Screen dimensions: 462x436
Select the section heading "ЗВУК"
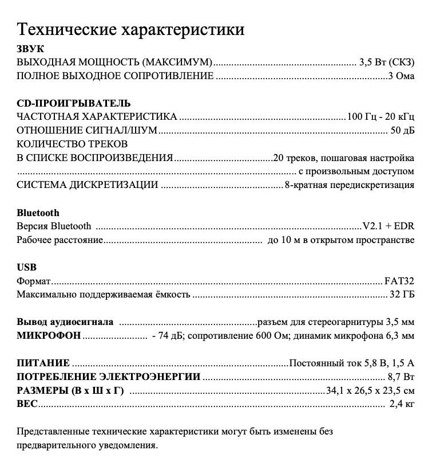[x=30, y=49]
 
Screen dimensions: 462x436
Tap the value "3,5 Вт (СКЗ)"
[x=387, y=62]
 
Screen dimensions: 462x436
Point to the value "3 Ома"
[x=401, y=76]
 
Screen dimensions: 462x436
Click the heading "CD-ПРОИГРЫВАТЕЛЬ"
[x=74, y=104]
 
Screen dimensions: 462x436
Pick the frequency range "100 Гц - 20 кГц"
[x=380, y=117]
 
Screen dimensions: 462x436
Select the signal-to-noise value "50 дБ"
[x=402, y=131]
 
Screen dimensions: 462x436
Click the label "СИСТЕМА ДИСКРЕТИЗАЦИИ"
[x=88, y=185]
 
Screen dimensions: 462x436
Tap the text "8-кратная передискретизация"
[x=350, y=185]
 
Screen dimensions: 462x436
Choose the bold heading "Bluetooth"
[x=38, y=213]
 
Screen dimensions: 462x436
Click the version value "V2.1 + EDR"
[x=389, y=226]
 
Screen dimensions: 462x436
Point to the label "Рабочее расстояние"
[x=60, y=240]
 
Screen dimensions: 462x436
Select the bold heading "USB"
[x=27, y=268]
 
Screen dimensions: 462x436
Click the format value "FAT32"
[x=399, y=281]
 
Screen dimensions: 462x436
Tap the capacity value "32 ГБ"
[x=402, y=295]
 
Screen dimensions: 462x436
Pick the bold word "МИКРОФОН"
[x=49, y=336]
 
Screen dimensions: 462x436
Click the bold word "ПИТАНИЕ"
[x=43, y=363]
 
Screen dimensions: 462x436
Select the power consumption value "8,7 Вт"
[x=401, y=377]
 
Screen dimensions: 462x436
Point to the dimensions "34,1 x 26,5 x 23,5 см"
[x=370, y=391]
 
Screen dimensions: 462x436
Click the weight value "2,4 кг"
[x=402, y=405]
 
